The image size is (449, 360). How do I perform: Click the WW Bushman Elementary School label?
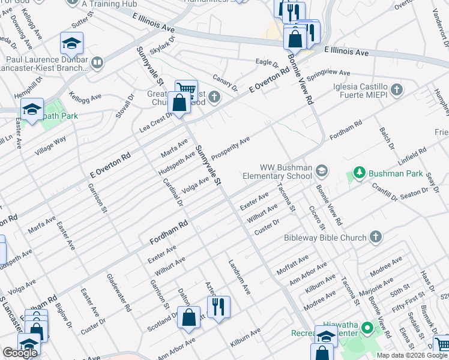click(277, 172)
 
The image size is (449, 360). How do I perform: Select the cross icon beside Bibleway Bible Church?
click(376, 238)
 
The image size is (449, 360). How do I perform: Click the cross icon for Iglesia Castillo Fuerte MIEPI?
click(396, 91)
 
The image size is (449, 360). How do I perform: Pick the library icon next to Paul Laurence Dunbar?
click(97, 61)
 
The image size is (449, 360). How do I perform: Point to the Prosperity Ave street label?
click(230, 148)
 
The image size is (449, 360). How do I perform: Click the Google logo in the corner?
click(20, 353)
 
